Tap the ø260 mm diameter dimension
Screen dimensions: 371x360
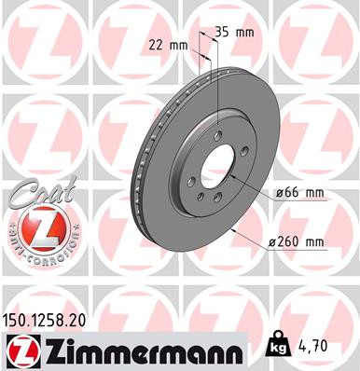[x=297, y=242]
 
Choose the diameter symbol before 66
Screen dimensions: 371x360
[x=279, y=193]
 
